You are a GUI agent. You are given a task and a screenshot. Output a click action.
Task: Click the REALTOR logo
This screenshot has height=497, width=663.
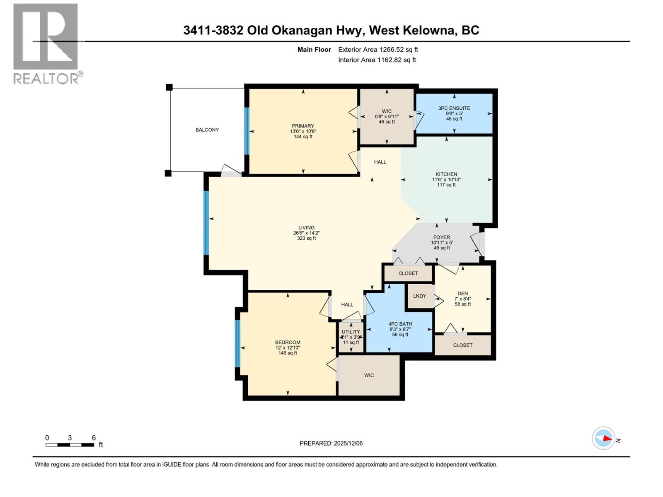point(46,43)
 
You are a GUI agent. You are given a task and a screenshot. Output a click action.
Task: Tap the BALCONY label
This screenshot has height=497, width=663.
point(207,130)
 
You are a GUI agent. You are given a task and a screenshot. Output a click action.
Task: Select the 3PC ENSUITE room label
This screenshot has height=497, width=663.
point(454,109)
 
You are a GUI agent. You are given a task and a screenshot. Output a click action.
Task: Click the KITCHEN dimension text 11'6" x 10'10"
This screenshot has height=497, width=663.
point(446,180)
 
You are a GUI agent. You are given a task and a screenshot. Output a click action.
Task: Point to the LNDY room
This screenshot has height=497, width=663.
point(420,296)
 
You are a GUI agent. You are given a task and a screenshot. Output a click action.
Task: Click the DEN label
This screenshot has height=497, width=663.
point(462,294)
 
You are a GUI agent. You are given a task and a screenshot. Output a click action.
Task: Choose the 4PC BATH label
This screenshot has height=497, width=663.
point(400,324)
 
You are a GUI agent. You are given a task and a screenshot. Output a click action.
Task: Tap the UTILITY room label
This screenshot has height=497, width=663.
point(351,332)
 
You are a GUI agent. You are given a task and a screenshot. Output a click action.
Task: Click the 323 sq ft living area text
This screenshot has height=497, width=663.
point(307,238)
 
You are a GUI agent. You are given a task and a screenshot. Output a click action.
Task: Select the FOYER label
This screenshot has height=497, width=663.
point(442,238)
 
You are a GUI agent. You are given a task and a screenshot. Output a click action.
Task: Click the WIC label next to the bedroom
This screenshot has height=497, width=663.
point(369,376)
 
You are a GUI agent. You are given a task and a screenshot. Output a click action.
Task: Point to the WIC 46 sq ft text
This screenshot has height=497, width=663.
point(387,122)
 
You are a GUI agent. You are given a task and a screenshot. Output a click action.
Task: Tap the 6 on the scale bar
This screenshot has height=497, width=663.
point(94,438)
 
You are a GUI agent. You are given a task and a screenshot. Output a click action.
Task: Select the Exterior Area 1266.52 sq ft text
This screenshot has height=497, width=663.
point(378,50)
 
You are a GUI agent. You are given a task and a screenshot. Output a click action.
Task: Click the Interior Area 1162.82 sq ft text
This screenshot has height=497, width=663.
point(377,60)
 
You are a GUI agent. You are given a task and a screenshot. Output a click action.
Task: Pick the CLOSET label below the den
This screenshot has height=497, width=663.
point(462,345)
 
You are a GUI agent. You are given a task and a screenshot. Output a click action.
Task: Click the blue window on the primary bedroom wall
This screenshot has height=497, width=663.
point(247,131)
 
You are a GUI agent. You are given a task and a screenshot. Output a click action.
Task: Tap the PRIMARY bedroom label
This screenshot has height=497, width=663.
point(303,126)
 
